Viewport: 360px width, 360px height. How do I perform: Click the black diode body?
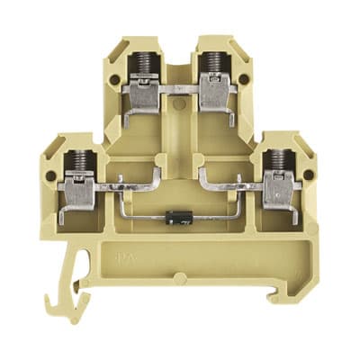pos(177,216)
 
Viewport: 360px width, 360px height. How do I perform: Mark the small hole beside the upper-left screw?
pos(114,80)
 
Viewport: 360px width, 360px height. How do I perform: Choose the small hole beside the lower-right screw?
pos(309,175)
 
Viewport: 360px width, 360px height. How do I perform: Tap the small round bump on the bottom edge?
pos(179,278)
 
